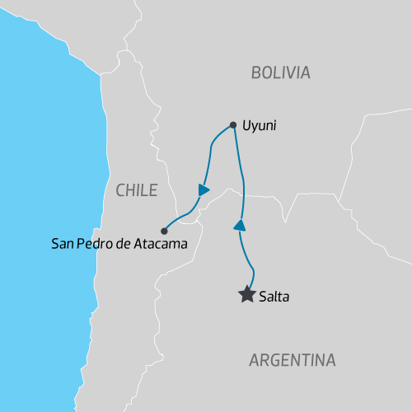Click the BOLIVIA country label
point(280,73)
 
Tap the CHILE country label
point(136,190)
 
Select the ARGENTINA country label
point(292,360)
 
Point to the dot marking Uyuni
point(233,125)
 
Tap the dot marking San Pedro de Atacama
point(164,231)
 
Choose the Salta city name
point(273,295)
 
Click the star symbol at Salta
point(246,294)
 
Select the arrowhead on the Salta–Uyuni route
point(239,225)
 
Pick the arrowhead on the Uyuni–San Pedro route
point(204,190)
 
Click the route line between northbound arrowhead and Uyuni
point(242,177)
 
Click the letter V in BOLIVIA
point(292,73)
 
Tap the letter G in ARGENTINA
point(274,360)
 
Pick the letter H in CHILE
point(130,190)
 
